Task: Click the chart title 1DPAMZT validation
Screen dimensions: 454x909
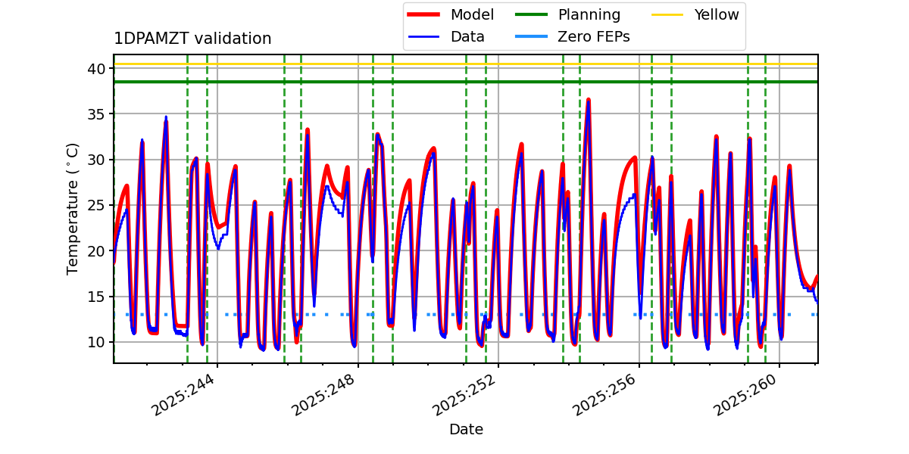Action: pyautogui.click(x=192, y=39)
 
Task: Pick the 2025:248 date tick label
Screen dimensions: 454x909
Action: pyautogui.click(x=325, y=394)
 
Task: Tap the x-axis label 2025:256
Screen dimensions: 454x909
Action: pyautogui.click(x=606, y=394)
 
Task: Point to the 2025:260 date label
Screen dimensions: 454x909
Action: pyautogui.click(x=747, y=394)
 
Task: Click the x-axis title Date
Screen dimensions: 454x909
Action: pyautogui.click(x=466, y=430)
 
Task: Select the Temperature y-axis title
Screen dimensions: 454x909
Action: pyautogui.click(x=73, y=208)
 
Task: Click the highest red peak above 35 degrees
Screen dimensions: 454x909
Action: pyautogui.click(x=588, y=99)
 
